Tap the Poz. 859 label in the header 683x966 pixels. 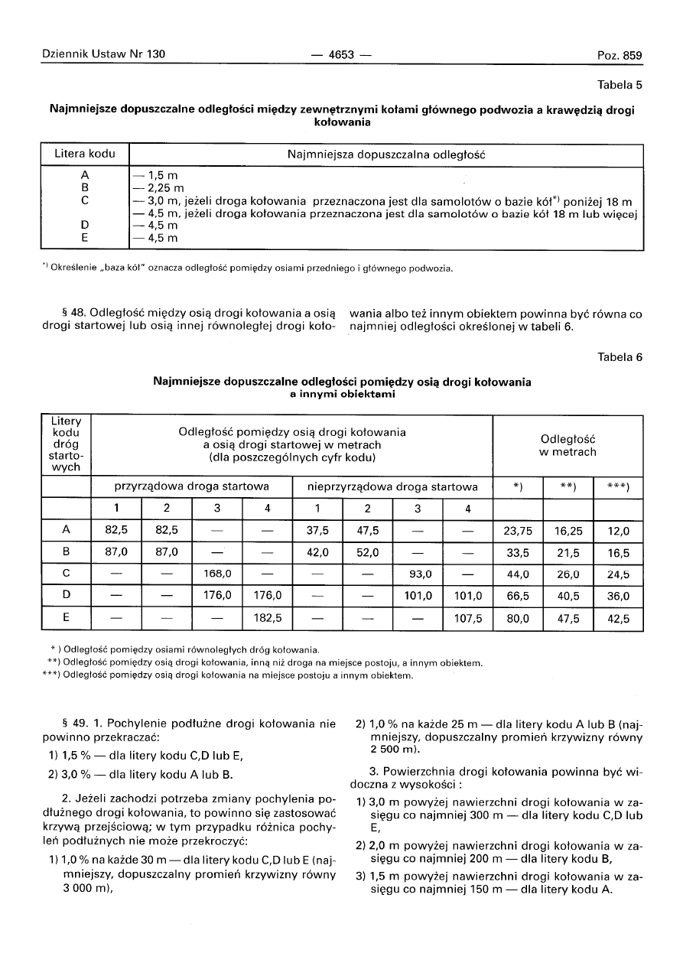(620, 55)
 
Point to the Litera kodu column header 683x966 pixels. (85, 154)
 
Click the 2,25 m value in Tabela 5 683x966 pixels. (158, 187)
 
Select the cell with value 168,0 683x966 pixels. (217, 574)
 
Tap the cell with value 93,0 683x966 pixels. (418, 574)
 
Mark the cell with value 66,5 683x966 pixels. (518, 596)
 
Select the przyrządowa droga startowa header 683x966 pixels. (191, 486)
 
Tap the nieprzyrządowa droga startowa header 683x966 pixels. (392, 486)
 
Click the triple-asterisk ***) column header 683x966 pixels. (618, 486)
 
